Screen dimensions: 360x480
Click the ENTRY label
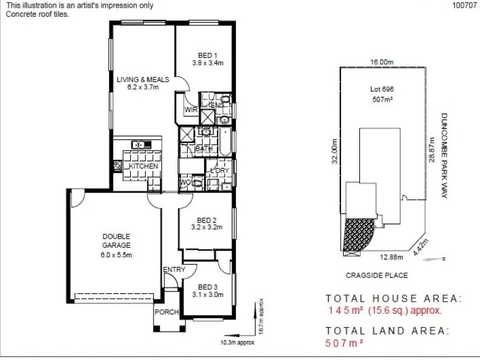tap(174, 270)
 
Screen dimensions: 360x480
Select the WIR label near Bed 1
tap(191, 110)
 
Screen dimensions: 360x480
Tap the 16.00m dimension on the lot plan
tap(382, 62)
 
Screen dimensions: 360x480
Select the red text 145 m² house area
tap(384, 311)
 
